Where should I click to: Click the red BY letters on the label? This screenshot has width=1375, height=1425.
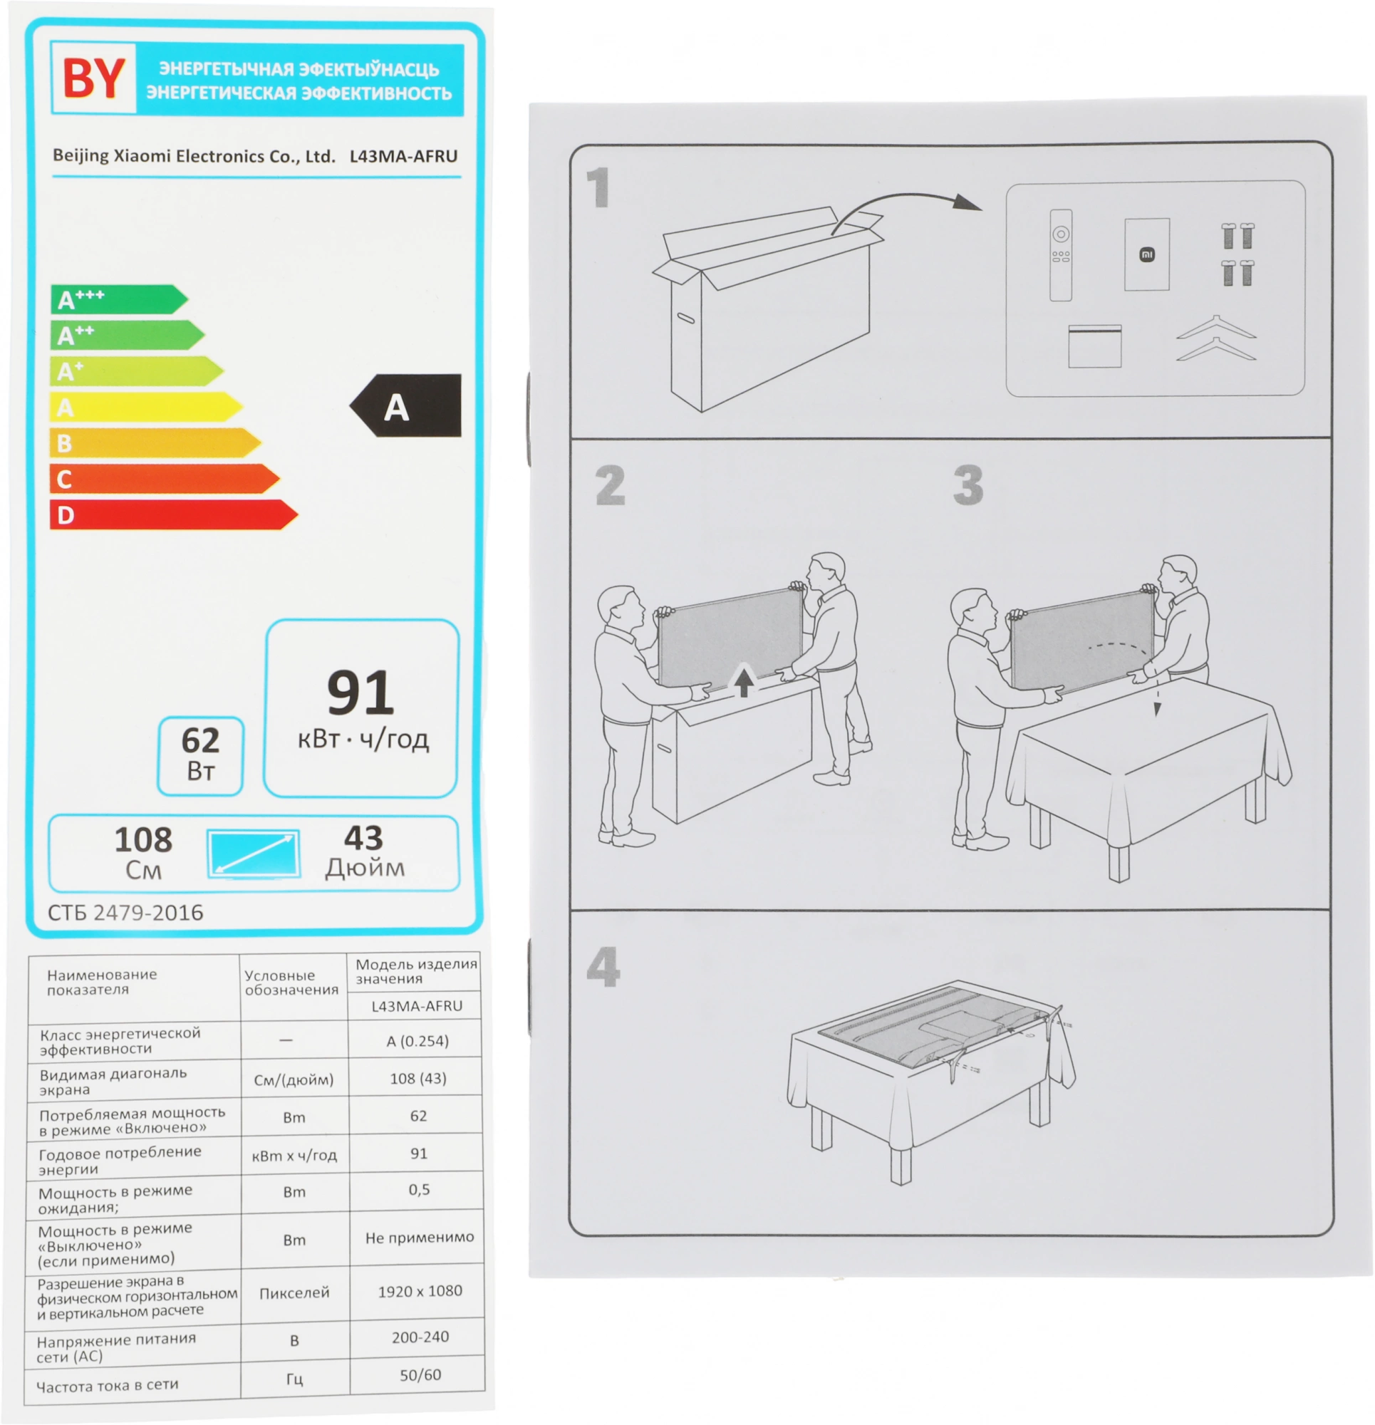tap(93, 78)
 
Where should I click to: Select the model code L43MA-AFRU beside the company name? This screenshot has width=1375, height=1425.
tap(403, 156)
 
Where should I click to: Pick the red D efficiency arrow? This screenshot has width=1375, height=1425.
tap(174, 514)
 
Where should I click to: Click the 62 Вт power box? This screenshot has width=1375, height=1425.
tap(201, 756)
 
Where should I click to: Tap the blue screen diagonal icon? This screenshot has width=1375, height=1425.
tap(253, 854)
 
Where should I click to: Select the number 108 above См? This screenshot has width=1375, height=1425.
tap(143, 840)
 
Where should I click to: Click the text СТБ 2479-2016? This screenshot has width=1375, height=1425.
tap(126, 913)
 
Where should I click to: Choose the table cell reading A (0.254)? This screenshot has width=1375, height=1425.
tap(418, 1041)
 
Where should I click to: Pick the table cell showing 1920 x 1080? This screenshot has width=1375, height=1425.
tap(420, 1291)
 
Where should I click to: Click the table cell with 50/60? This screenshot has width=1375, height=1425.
tap(420, 1375)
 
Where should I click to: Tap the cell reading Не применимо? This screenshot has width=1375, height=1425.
tap(420, 1237)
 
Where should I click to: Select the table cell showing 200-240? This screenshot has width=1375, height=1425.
tap(420, 1337)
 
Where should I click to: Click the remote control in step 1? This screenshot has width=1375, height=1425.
tap(1061, 255)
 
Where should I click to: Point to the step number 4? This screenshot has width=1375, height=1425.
tap(603, 967)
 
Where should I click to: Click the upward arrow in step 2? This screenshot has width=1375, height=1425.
tap(743, 682)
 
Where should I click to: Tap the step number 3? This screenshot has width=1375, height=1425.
tap(968, 485)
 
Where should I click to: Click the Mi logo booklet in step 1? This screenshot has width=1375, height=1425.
tap(1148, 254)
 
